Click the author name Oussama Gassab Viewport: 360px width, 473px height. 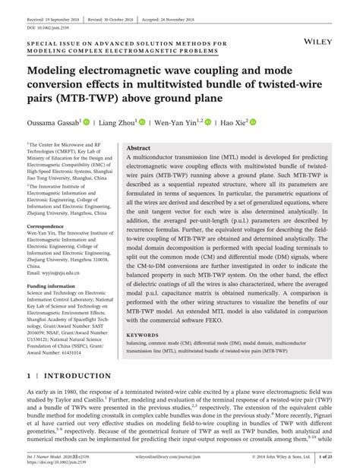click(53, 121)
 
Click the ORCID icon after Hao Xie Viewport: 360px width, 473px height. click(254, 121)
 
